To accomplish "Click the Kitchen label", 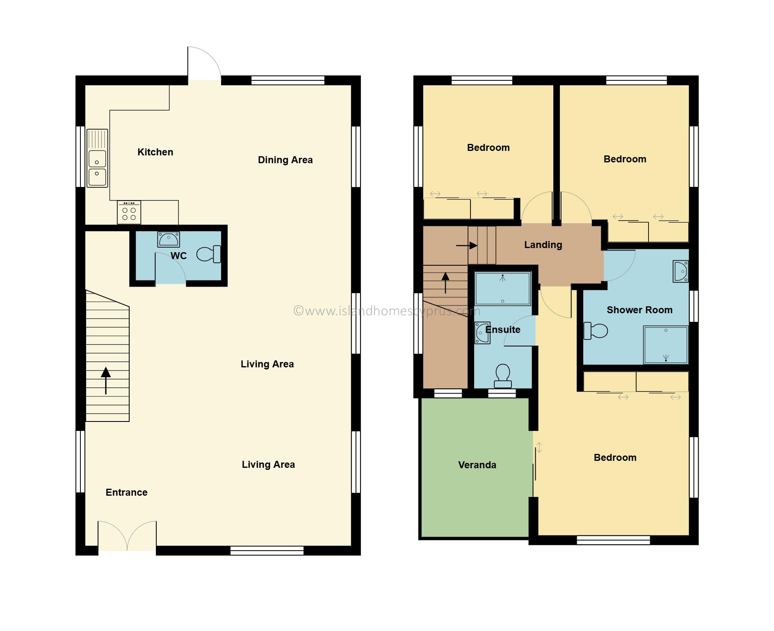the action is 155,152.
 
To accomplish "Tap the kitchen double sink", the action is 97,158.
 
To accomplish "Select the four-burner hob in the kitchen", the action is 129,212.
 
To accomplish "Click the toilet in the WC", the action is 209,254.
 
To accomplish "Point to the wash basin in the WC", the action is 169,239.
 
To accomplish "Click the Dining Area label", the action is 285,160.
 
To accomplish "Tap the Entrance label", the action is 126,492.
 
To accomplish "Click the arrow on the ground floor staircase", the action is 106,381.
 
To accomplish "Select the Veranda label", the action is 477,465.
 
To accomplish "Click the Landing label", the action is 543,245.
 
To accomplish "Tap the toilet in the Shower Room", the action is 596,331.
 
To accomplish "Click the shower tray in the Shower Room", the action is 666,345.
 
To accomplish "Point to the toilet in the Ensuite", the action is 503,376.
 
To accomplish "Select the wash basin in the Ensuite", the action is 482,333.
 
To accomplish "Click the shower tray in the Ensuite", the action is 502,289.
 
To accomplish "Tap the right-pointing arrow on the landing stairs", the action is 467,246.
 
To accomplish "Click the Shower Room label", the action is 639,310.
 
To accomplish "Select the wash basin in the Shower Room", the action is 680,271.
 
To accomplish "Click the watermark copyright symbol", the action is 298,311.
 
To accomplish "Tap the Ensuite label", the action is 502,330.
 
